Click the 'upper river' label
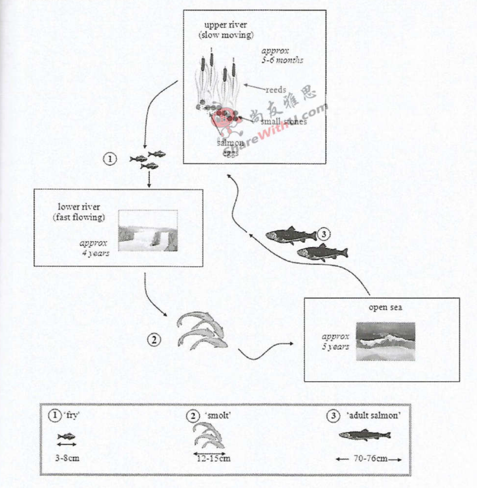226,25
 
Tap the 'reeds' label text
276,90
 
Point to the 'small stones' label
284,121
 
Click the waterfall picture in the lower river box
148,230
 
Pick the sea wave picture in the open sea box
385,341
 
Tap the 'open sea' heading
385,307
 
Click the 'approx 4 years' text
94,248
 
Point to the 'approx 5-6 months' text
282,55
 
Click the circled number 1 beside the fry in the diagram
110,159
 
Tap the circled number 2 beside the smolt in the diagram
154,340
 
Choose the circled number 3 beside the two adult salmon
323,234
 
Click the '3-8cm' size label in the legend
67,458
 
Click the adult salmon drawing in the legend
365,435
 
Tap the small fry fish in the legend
66,436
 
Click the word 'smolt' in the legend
217,416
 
